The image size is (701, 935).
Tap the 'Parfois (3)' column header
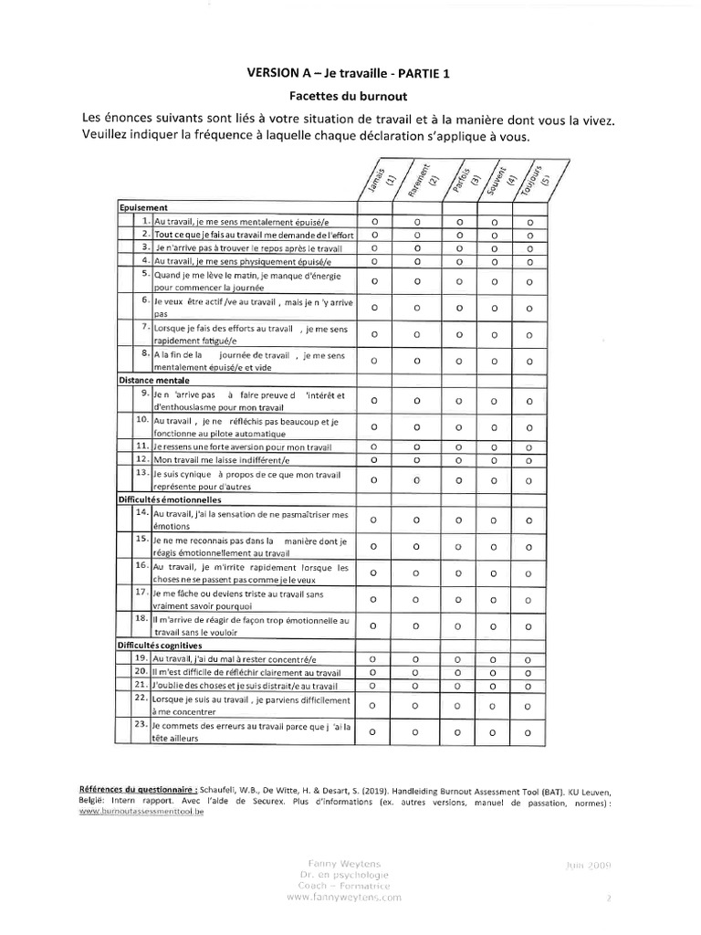(461, 177)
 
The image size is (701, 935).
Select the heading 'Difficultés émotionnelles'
(170, 500)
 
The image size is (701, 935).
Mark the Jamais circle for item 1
(374, 221)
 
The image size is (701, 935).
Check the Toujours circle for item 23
(529, 730)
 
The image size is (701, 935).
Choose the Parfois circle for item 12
(459, 459)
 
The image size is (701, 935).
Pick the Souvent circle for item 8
(495, 361)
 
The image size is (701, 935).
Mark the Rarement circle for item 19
(417, 657)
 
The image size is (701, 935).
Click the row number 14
(141, 514)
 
